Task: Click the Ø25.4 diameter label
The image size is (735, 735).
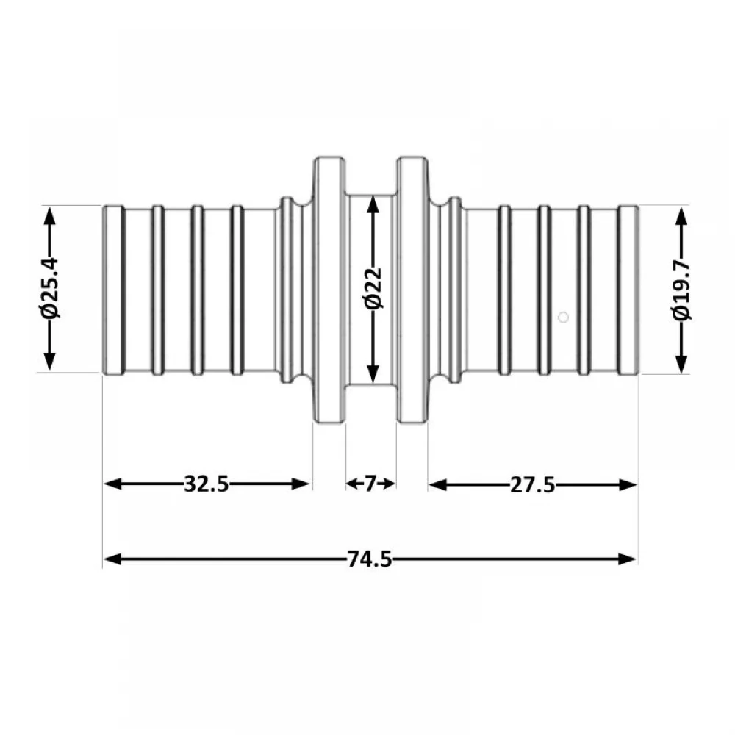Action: click(x=50, y=287)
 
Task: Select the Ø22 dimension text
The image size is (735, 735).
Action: click(x=373, y=288)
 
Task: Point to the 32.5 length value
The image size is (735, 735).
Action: click(x=207, y=484)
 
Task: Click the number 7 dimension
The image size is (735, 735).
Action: click(x=370, y=484)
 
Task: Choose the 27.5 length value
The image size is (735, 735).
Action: click(x=532, y=484)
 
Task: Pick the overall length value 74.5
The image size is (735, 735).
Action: click(x=370, y=559)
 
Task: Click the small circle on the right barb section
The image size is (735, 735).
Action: click(x=564, y=318)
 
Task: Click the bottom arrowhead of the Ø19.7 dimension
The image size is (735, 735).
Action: click(x=682, y=364)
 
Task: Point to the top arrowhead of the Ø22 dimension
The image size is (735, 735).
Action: click(x=373, y=207)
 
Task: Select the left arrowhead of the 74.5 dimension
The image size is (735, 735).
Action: click(x=112, y=559)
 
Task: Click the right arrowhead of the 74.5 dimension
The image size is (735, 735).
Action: click(x=628, y=559)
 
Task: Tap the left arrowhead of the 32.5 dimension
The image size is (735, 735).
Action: click(x=112, y=484)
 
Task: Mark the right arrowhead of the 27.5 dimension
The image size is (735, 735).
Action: click(x=628, y=484)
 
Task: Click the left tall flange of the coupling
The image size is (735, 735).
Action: click(x=329, y=290)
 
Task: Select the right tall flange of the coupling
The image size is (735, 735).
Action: click(x=412, y=290)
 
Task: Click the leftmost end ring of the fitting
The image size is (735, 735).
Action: click(x=113, y=290)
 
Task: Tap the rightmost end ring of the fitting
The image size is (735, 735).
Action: click(x=628, y=290)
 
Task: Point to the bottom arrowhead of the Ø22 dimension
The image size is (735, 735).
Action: click(x=373, y=372)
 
